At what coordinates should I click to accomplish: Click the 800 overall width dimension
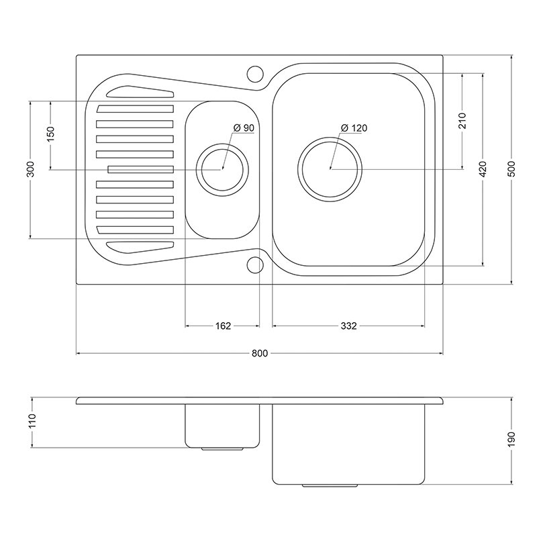[x=260, y=353]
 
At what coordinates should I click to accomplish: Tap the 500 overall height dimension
[x=512, y=168]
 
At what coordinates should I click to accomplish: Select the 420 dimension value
[x=483, y=169]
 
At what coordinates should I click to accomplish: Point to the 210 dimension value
[x=462, y=121]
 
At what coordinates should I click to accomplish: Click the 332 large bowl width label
[x=348, y=326]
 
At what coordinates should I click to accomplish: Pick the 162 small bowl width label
[x=223, y=326]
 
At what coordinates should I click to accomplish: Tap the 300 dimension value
[x=30, y=169]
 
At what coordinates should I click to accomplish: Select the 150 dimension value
[x=51, y=135]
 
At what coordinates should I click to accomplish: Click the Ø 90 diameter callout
[x=244, y=128]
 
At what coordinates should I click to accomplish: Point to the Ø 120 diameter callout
[x=354, y=128]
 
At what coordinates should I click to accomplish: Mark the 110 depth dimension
[x=32, y=421]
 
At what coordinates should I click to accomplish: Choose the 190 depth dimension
[x=512, y=440]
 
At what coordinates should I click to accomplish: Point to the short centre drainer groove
[x=141, y=170]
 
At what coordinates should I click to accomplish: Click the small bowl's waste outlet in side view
[x=222, y=448]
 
